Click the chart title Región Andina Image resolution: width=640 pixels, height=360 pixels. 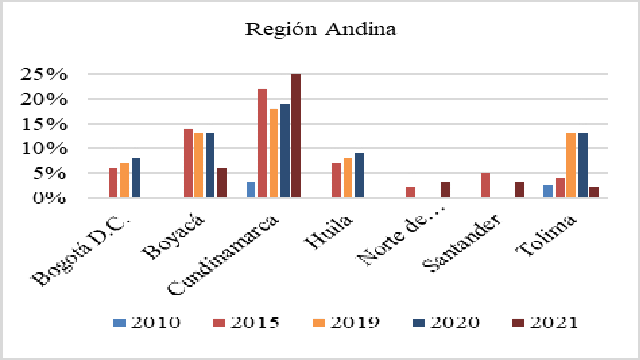pyautogui.click(x=321, y=29)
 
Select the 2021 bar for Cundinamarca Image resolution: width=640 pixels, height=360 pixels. pyautogui.click(x=296, y=135)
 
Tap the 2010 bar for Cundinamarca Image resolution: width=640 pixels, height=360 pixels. pyautogui.click(x=251, y=190)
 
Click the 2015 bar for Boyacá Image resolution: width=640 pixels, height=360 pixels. pyautogui.click(x=188, y=163)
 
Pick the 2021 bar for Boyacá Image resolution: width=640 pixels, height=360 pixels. pyautogui.click(x=222, y=182)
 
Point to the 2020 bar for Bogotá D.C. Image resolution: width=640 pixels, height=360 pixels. pyautogui.click(x=136, y=178)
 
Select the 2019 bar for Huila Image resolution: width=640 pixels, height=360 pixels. pyautogui.click(x=348, y=178)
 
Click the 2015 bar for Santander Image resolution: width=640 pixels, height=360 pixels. pyautogui.click(x=485, y=185)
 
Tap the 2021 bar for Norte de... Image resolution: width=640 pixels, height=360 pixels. pyautogui.click(x=445, y=190)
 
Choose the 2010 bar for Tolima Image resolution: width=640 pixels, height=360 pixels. pyautogui.click(x=548, y=191)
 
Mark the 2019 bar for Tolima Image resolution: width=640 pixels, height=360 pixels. pyautogui.click(x=571, y=165)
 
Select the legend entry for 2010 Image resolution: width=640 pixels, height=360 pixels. pyautogui.click(x=147, y=323)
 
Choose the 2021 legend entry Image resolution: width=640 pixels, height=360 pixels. pyautogui.click(x=546, y=323)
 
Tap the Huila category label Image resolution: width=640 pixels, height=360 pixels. pyautogui.click(x=328, y=231)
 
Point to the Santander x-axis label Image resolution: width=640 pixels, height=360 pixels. pyautogui.click(x=462, y=243)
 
